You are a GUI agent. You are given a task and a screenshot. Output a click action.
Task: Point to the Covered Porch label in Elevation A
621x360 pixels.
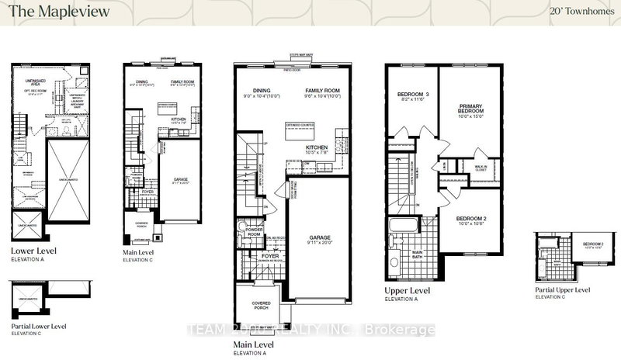tap(260, 306)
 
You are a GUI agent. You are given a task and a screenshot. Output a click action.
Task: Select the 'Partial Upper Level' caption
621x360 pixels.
tap(561, 290)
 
